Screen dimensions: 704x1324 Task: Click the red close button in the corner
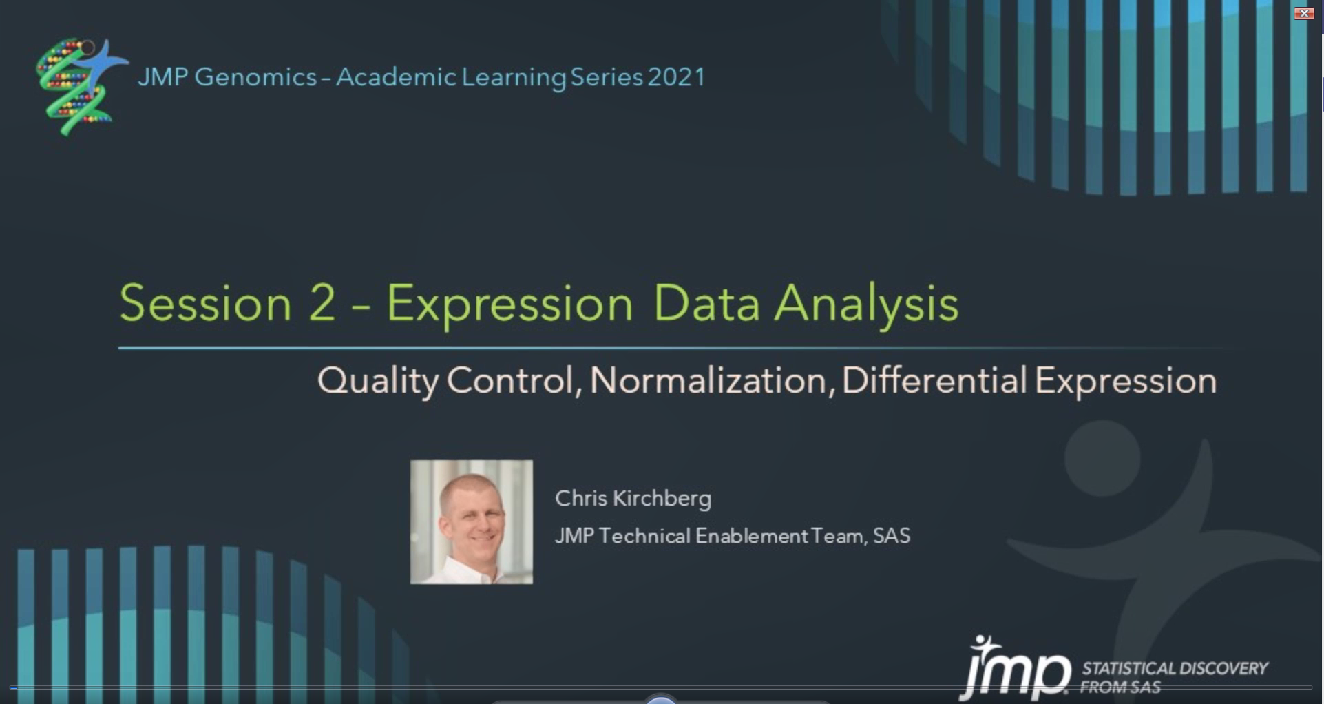click(1304, 13)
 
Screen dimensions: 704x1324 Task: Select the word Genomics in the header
click(255, 77)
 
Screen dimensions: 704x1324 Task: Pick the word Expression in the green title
click(509, 304)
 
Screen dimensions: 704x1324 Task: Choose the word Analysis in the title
click(866, 304)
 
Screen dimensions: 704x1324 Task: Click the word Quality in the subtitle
click(377, 381)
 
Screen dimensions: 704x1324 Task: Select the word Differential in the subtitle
click(934, 380)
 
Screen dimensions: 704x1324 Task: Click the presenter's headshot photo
click(472, 522)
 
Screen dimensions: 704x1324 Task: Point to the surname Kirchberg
click(662, 499)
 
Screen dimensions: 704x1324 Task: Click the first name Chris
click(581, 498)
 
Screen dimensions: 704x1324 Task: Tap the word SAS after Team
click(892, 536)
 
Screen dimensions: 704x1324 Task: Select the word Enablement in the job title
click(751, 536)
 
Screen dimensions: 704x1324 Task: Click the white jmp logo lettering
click(1016, 669)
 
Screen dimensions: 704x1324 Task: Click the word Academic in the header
click(395, 77)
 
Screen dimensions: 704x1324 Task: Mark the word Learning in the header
click(514, 78)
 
